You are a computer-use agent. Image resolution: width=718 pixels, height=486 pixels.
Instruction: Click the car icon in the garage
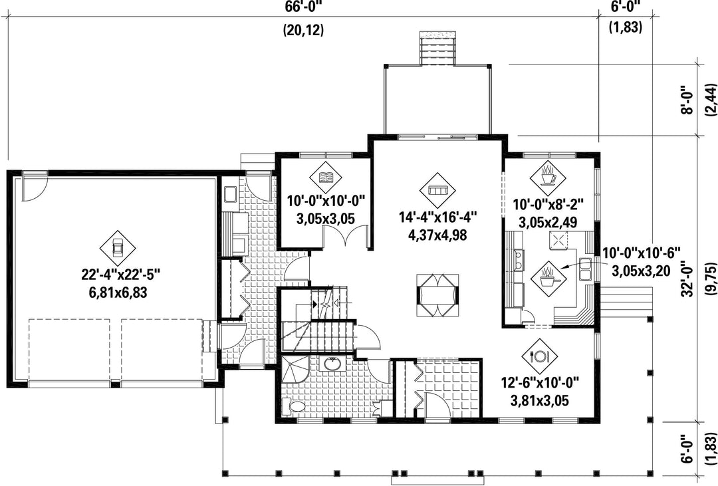coord(118,248)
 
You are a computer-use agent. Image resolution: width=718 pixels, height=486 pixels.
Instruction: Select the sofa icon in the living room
coord(437,189)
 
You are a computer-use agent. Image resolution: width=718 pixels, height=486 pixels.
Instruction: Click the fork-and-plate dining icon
coord(539,356)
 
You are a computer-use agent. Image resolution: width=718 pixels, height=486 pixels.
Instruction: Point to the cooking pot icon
coord(547,278)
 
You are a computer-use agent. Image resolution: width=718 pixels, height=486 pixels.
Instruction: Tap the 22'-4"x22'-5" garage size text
coord(121,275)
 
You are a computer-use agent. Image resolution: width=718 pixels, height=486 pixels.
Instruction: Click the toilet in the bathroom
coord(294,406)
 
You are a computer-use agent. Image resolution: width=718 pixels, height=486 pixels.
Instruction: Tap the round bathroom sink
coord(331,364)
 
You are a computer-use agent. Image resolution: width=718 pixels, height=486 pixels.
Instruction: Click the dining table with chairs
coord(437,295)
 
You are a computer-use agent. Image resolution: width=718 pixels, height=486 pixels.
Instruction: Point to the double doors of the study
coord(346,236)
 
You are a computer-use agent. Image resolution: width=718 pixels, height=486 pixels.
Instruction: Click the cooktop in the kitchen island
coord(558,240)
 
